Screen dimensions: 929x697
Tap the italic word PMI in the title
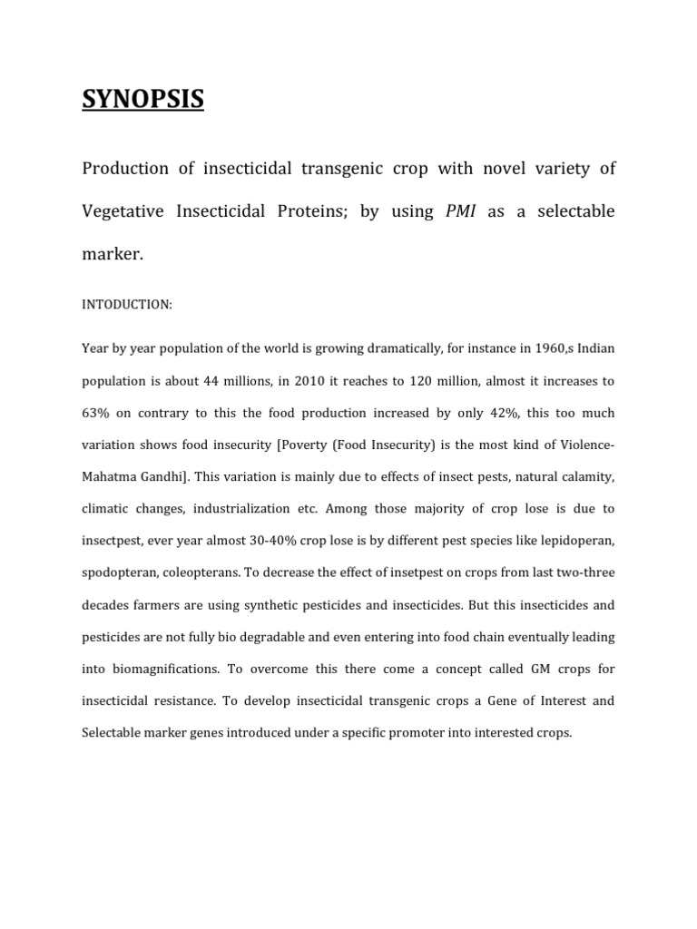point(461,211)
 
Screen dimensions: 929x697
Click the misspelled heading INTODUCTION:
point(126,305)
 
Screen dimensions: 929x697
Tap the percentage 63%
point(97,413)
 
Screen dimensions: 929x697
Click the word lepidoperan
point(575,541)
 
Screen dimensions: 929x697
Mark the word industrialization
point(270,509)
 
